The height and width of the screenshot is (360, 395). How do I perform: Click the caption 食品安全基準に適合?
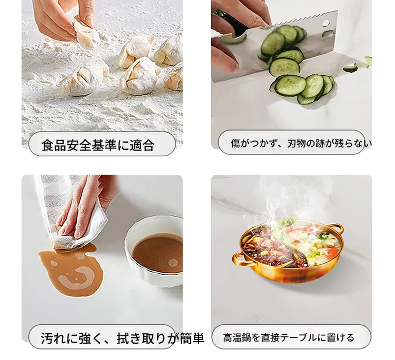click(x=98, y=145)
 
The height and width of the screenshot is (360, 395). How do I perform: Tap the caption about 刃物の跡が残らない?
click(x=301, y=143)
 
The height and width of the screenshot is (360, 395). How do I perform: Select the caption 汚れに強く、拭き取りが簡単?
click(x=122, y=338)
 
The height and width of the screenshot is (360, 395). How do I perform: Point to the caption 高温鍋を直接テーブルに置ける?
click(x=289, y=337)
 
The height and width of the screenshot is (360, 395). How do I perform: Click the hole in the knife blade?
click(x=325, y=23)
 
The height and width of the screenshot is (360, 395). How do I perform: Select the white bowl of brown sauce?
click(x=154, y=251)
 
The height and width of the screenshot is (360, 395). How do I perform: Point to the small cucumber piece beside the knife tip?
click(x=350, y=69)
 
